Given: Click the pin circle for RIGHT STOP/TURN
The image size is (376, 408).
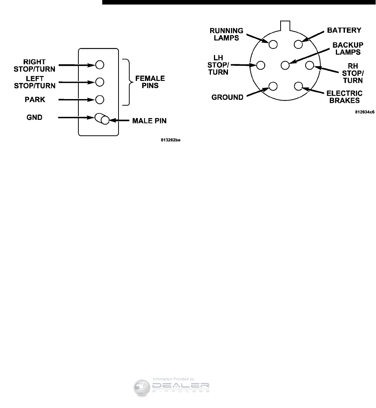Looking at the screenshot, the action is tap(100, 64).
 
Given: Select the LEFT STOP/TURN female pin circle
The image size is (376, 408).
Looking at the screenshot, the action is tap(100, 82).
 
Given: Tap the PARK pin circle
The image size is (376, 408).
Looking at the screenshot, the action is tap(100, 99).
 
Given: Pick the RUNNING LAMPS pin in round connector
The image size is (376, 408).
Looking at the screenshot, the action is tap(273, 44).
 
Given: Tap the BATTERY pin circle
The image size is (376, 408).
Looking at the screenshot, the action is tap(298, 45).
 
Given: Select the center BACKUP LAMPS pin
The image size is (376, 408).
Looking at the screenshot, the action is tap(286, 65).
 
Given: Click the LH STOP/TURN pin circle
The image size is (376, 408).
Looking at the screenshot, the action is tap(260, 65).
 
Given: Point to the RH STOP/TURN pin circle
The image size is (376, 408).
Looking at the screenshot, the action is tap(309, 65).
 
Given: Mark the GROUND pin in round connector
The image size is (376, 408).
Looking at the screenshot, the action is tap(273, 87).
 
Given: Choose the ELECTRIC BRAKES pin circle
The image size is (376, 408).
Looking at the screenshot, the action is tap(298, 86).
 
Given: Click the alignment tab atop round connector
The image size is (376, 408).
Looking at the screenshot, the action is tap(285, 25).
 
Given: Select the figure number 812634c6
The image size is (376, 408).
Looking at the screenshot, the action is tap(365, 112).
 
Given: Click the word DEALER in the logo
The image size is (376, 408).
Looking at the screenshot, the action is tap(181, 386).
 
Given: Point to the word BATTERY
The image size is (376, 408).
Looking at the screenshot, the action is tap(344, 30).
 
